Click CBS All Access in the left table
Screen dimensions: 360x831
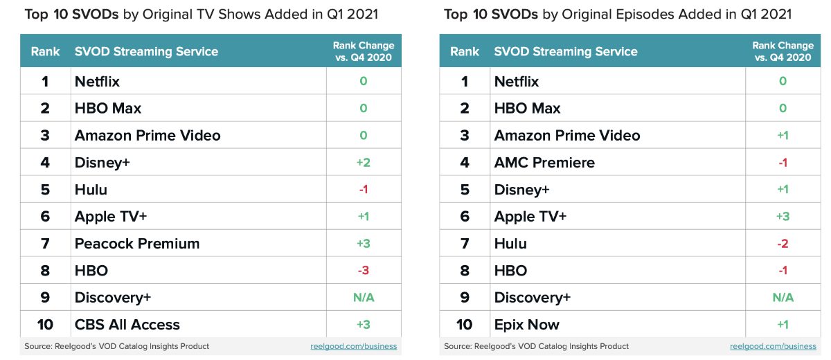(127, 325)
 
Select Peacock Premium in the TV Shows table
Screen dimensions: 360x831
(137, 244)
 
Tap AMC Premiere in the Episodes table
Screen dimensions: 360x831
(544, 163)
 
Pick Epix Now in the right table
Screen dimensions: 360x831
(526, 325)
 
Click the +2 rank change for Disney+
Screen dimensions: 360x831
(364, 163)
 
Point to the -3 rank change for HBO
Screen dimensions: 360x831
(364, 271)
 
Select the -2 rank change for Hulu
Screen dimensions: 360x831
(783, 244)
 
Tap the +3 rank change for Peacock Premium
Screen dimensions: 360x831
(364, 244)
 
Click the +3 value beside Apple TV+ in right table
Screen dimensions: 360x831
(783, 217)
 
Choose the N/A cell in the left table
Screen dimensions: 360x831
(364, 298)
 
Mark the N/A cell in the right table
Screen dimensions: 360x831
(783, 298)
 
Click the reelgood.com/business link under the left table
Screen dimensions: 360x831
(353, 346)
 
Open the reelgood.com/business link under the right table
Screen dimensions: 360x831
(773, 346)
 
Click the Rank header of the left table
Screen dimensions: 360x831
(45, 51)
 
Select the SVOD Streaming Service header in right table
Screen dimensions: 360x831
(566, 51)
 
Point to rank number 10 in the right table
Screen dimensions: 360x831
(464, 325)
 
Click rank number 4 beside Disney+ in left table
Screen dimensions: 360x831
(45, 163)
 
